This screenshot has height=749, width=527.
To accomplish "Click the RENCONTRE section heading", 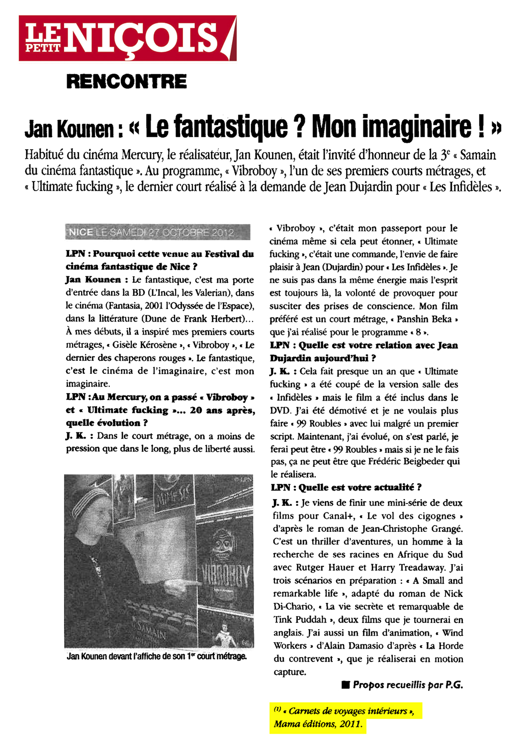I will (126, 81).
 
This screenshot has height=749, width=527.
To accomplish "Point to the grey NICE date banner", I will (157, 232).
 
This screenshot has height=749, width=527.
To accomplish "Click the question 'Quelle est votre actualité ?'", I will (346, 487).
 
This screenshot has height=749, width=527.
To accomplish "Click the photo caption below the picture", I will (157, 657).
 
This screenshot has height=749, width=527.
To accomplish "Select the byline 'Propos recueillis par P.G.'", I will (408, 685).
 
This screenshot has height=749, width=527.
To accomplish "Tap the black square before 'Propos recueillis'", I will (346, 685).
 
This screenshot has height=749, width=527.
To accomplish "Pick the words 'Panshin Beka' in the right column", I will (424, 319).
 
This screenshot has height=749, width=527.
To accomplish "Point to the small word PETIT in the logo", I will (44, 48).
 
